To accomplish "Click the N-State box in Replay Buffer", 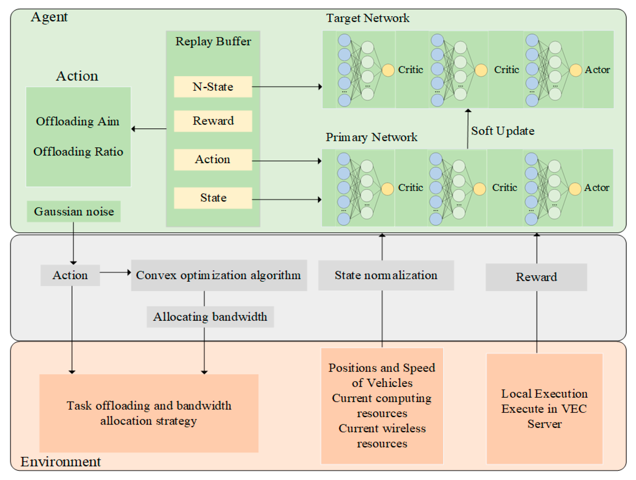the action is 213,87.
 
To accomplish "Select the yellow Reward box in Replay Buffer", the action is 213,121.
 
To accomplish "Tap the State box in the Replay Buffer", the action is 213,198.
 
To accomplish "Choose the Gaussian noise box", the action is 74,211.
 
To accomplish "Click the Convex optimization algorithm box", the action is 219,275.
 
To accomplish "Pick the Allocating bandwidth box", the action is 210,317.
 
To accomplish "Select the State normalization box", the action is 386,275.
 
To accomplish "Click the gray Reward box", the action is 536,277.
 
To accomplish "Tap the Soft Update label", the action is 503,131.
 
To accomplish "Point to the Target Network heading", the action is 368,18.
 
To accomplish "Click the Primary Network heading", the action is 371,137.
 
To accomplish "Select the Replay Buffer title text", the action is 213,41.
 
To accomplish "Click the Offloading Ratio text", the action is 78,152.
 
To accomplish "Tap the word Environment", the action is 61,462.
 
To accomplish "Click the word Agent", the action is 49,17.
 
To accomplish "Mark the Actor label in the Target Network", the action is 597,70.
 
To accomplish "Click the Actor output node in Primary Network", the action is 575,189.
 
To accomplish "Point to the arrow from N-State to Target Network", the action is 287,87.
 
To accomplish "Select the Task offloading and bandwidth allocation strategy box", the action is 149,413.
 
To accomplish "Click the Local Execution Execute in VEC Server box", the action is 545,409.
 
